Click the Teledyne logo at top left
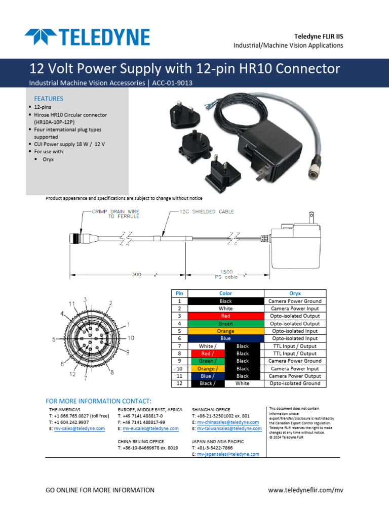click(87, 37)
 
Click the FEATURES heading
click(48, 99)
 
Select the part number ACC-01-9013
click(172, 82)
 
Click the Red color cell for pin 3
click(225, 316)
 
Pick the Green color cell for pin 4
click(225, 324)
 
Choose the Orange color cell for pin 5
click(225, 331)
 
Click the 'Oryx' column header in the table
click(295, 293)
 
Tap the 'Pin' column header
click(178, 293)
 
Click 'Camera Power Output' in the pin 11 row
click(295, 376)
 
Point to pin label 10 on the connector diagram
click(131, 337)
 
